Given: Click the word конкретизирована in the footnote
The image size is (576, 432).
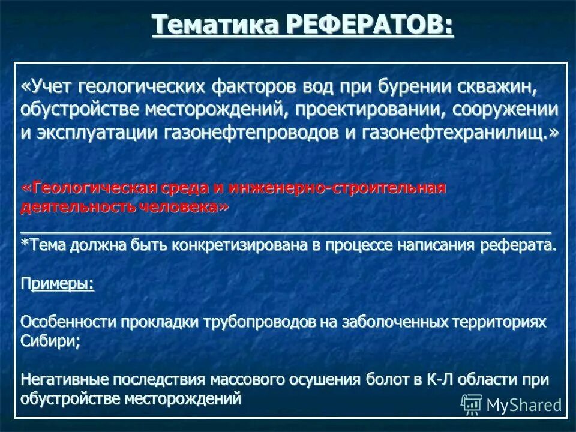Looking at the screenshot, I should [x=241, y=245].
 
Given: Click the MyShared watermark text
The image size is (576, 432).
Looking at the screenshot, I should [x=524, y=405].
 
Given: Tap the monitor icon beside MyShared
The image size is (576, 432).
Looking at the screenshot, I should [x=472, y=405].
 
